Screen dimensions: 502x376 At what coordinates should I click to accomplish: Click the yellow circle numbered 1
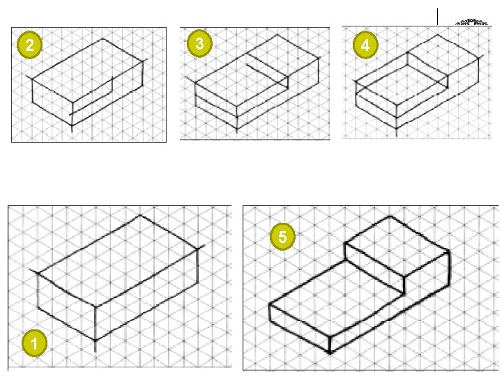click(34, 343)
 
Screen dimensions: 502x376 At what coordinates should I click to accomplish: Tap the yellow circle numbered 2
click(29, 45)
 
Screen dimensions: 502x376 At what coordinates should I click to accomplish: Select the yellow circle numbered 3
click(199, 44)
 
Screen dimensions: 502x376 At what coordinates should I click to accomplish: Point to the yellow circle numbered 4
click(365, 45)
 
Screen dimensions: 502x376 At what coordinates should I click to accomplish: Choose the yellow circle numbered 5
click(282, 237)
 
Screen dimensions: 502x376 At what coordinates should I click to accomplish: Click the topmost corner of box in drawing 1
click(140, 215)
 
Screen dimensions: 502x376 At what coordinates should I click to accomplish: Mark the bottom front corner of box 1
click(96, 340)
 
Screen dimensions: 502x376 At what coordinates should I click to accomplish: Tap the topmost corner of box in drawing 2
click(102, 39)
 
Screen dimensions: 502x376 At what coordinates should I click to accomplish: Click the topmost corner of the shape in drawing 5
click(390, 216)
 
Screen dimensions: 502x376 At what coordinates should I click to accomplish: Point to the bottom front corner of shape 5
click(330, 352)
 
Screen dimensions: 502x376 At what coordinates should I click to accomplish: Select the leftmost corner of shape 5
click(270, 304)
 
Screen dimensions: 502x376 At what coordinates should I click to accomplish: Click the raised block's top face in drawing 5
click(397, 246)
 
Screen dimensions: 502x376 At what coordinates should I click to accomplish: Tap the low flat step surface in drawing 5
click(336, 297)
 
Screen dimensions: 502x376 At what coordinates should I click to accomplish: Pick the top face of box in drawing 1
click(118, 260)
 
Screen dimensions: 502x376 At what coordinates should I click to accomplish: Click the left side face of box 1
click(67, 306)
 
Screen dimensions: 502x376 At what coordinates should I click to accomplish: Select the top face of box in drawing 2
click(87, 70)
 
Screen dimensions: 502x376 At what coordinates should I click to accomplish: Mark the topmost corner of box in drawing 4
click(437, 35)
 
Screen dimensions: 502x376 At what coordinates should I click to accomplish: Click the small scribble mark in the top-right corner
click(471, 22)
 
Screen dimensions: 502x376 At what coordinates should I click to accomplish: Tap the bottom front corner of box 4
click(397, 129)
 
